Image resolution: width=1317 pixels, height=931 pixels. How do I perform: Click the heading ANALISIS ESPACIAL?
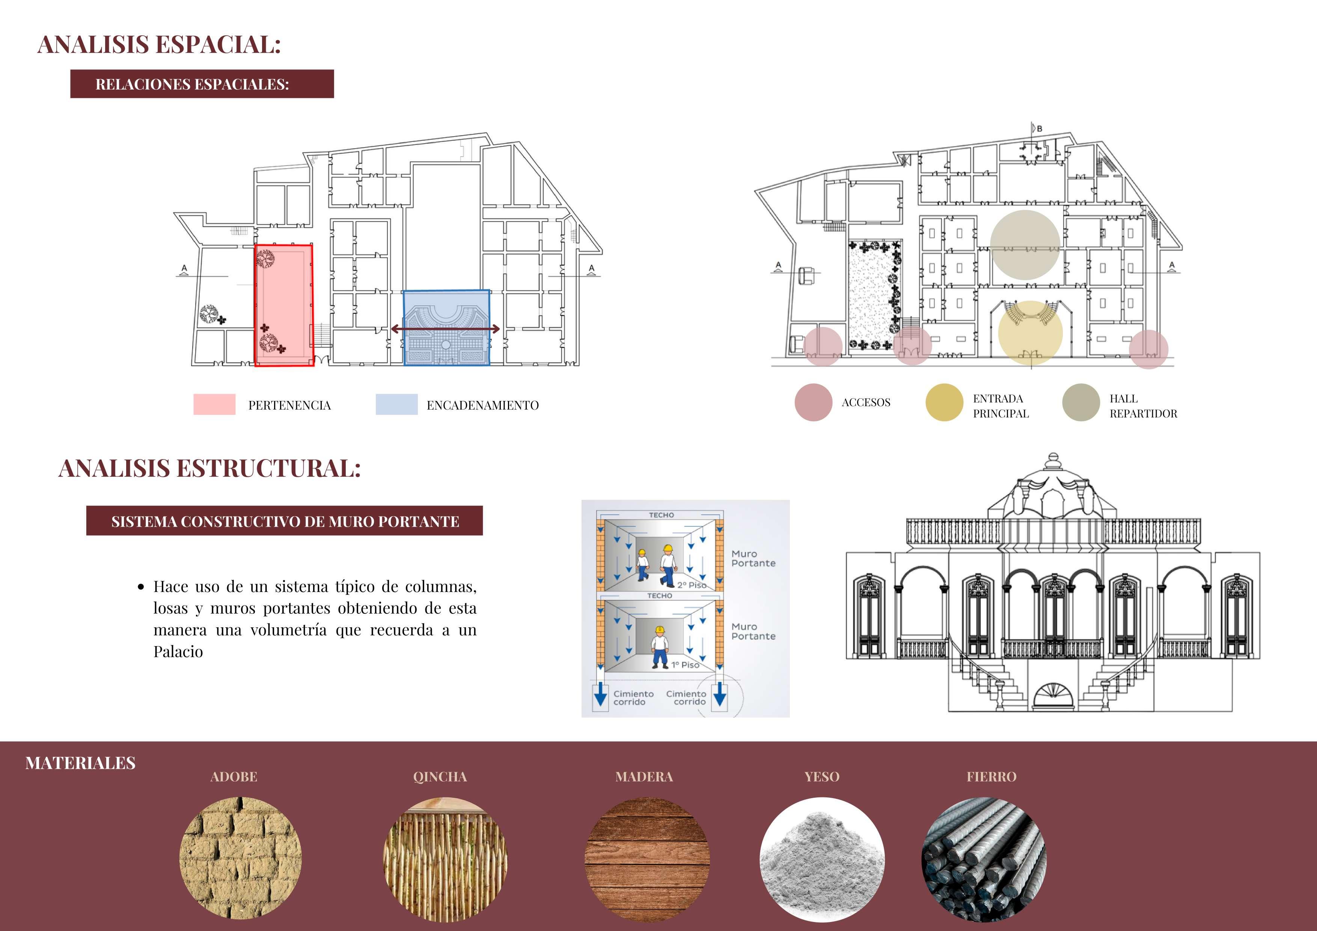[x=159, y=45]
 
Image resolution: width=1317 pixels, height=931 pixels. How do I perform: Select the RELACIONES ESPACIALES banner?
[x=202, y=84]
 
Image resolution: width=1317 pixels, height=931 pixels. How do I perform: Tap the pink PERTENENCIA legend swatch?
[x=214, y=404]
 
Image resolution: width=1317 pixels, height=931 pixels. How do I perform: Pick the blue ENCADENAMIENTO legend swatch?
[x=396, y=404]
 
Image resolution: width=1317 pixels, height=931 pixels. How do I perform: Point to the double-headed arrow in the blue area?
[x=445, y=329]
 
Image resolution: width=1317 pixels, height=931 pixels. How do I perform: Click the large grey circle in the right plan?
[x=1025, y=245]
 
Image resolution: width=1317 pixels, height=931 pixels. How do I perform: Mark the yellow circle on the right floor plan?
[x=1030, y=333]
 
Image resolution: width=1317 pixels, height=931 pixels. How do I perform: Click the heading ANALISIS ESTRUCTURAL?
[x=209, y=468]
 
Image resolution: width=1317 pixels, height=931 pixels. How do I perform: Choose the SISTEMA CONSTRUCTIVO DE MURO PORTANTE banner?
[x=285, y=521]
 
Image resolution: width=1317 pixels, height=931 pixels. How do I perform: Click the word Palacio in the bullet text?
[x=178, y=652]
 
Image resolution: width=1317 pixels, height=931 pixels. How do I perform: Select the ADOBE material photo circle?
[x=240, y=857]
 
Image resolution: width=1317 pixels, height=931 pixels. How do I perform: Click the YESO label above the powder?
[x=821, y=777]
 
